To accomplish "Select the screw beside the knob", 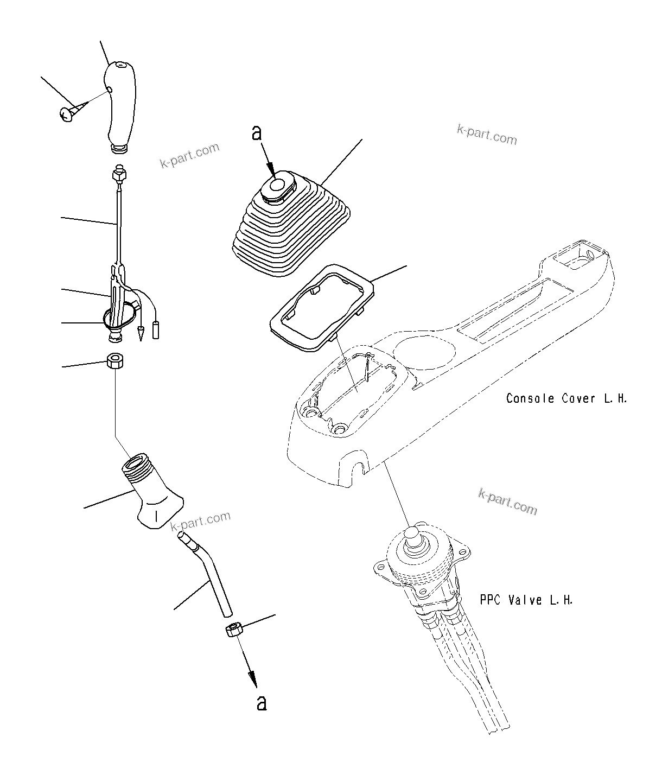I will [68, 114].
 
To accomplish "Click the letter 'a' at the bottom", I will [262, 703].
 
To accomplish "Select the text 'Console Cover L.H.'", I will [566, 398].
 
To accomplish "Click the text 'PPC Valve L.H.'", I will [526, 600].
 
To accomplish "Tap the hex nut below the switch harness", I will [114, 361].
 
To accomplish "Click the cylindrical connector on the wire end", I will [157, 330].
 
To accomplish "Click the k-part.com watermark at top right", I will [487, 135].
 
